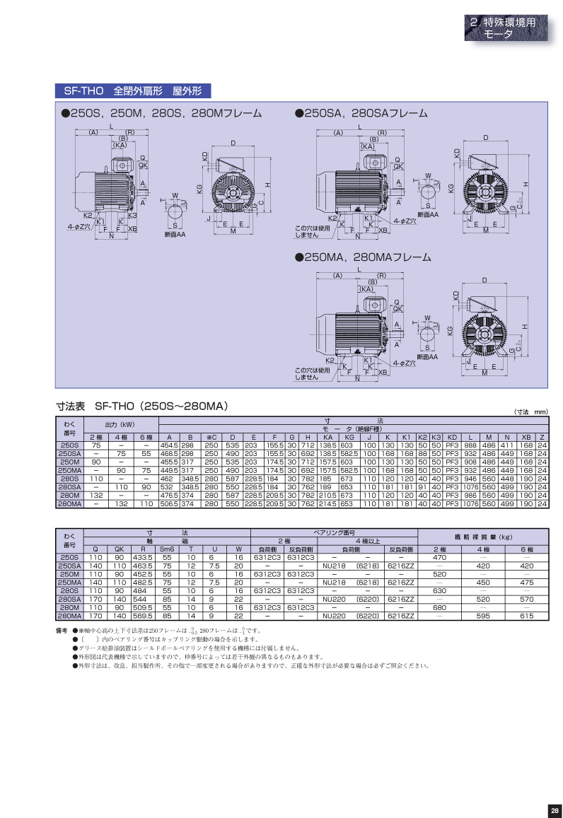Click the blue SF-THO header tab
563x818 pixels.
click(133, 91)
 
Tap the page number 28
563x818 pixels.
click(554, 810)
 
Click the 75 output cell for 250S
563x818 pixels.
click(95, 445)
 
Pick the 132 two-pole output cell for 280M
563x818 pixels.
click(95, 496)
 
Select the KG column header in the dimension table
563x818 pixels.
click(348, 437)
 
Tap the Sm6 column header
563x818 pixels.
click(167, 549)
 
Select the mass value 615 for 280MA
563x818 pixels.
click(526, 617)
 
